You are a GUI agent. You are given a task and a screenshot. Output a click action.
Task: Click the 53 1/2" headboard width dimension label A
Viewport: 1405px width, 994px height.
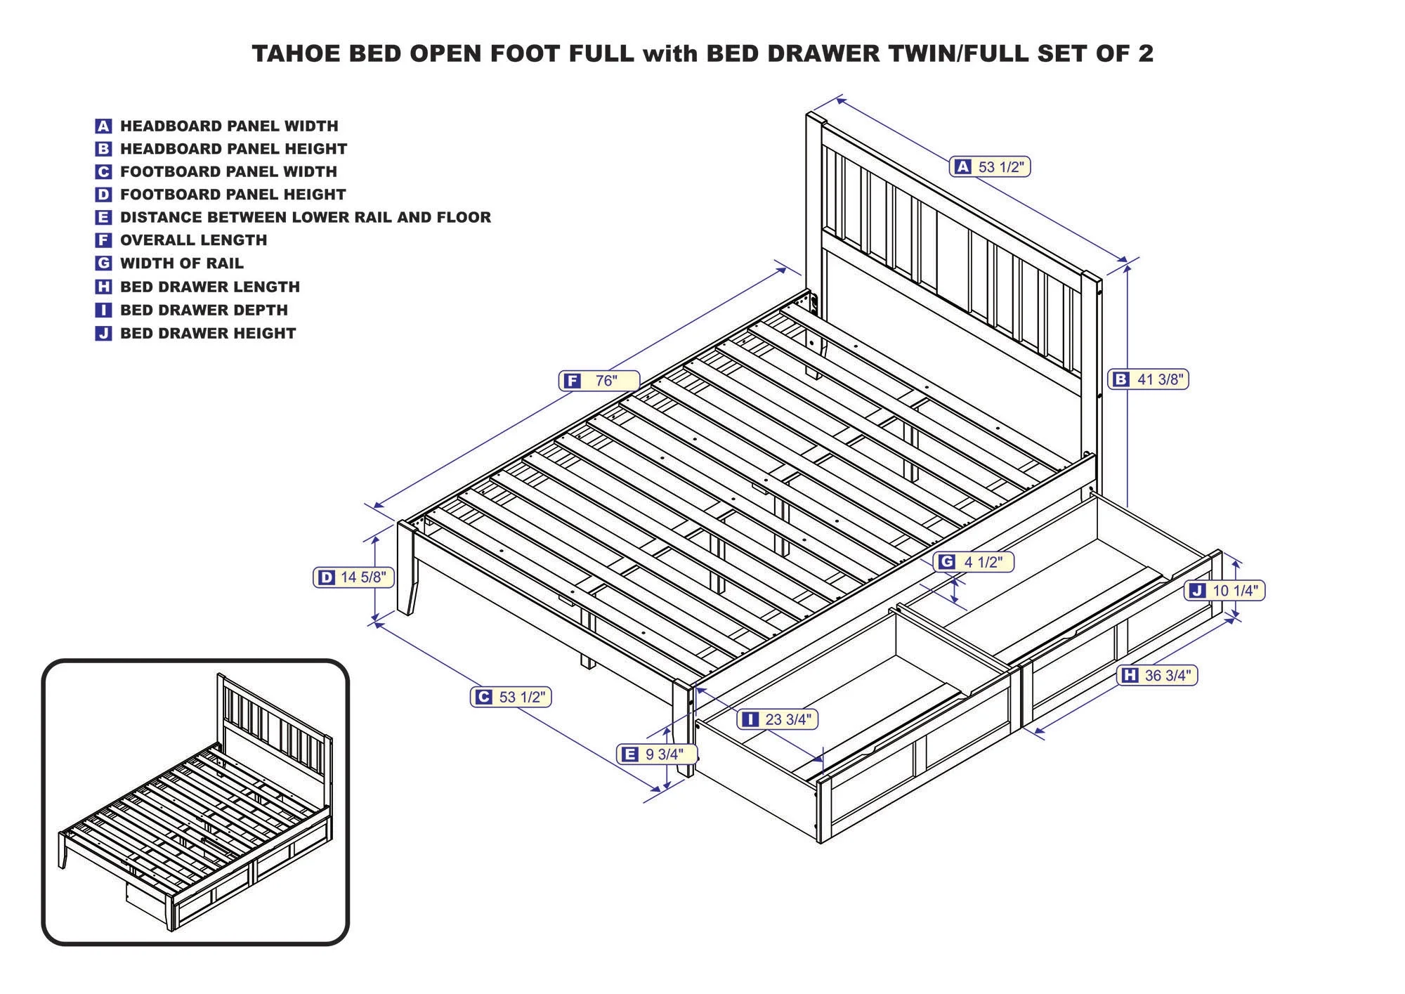990,166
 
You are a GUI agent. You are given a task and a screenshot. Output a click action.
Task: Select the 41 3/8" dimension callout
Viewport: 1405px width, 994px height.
1149,379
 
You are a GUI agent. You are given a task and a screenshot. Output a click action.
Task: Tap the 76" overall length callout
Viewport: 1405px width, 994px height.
599,381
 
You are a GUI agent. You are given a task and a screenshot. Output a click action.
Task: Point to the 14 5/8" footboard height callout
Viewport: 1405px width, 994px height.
353,577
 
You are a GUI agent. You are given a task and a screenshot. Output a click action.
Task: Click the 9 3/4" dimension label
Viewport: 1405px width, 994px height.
657,754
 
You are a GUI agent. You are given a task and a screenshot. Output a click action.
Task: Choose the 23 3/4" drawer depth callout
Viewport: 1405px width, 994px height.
778,719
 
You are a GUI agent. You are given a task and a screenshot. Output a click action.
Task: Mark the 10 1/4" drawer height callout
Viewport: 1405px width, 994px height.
1225,591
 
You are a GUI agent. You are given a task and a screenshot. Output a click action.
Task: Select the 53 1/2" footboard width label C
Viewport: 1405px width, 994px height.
511,697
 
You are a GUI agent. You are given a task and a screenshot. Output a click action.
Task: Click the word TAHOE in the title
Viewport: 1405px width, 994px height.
296,54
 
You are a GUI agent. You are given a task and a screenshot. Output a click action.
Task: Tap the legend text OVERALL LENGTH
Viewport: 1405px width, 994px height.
193,240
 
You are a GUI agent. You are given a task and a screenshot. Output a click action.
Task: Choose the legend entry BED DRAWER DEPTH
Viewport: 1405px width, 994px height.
204,310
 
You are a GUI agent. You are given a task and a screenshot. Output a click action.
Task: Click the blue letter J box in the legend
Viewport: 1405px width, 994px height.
103,334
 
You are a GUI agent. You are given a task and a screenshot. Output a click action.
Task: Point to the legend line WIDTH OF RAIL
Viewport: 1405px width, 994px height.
181,263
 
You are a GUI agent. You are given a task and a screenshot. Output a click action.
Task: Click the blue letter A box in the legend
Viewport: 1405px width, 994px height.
103,126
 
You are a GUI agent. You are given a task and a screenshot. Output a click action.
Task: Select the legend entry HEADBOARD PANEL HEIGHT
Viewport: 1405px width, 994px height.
233,149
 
